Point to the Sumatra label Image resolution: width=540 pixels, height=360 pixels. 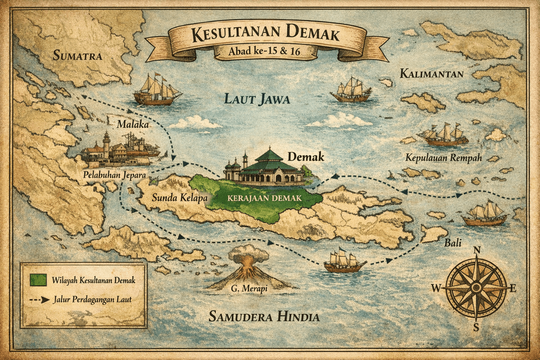[77, 55]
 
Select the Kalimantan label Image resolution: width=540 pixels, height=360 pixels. [431, 73]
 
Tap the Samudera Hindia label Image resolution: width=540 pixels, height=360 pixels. [264, 317]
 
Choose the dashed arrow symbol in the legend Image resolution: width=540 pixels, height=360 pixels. [37, 299]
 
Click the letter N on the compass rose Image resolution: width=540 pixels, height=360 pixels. [477, 250]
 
